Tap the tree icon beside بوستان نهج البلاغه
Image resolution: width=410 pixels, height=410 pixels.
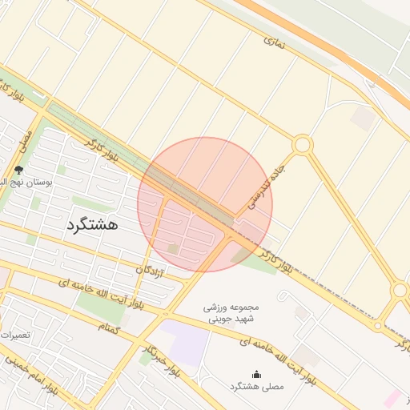[18, 170]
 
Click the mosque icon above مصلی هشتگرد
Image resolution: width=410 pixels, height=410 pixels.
[256, 374]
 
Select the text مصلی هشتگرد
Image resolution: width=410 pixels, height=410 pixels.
[256, 387]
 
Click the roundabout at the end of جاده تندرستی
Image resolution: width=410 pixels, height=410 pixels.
[302, 145]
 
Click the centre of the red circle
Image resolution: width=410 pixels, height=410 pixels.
[205, 204]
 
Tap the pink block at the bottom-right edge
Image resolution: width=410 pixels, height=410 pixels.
[392, 398]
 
